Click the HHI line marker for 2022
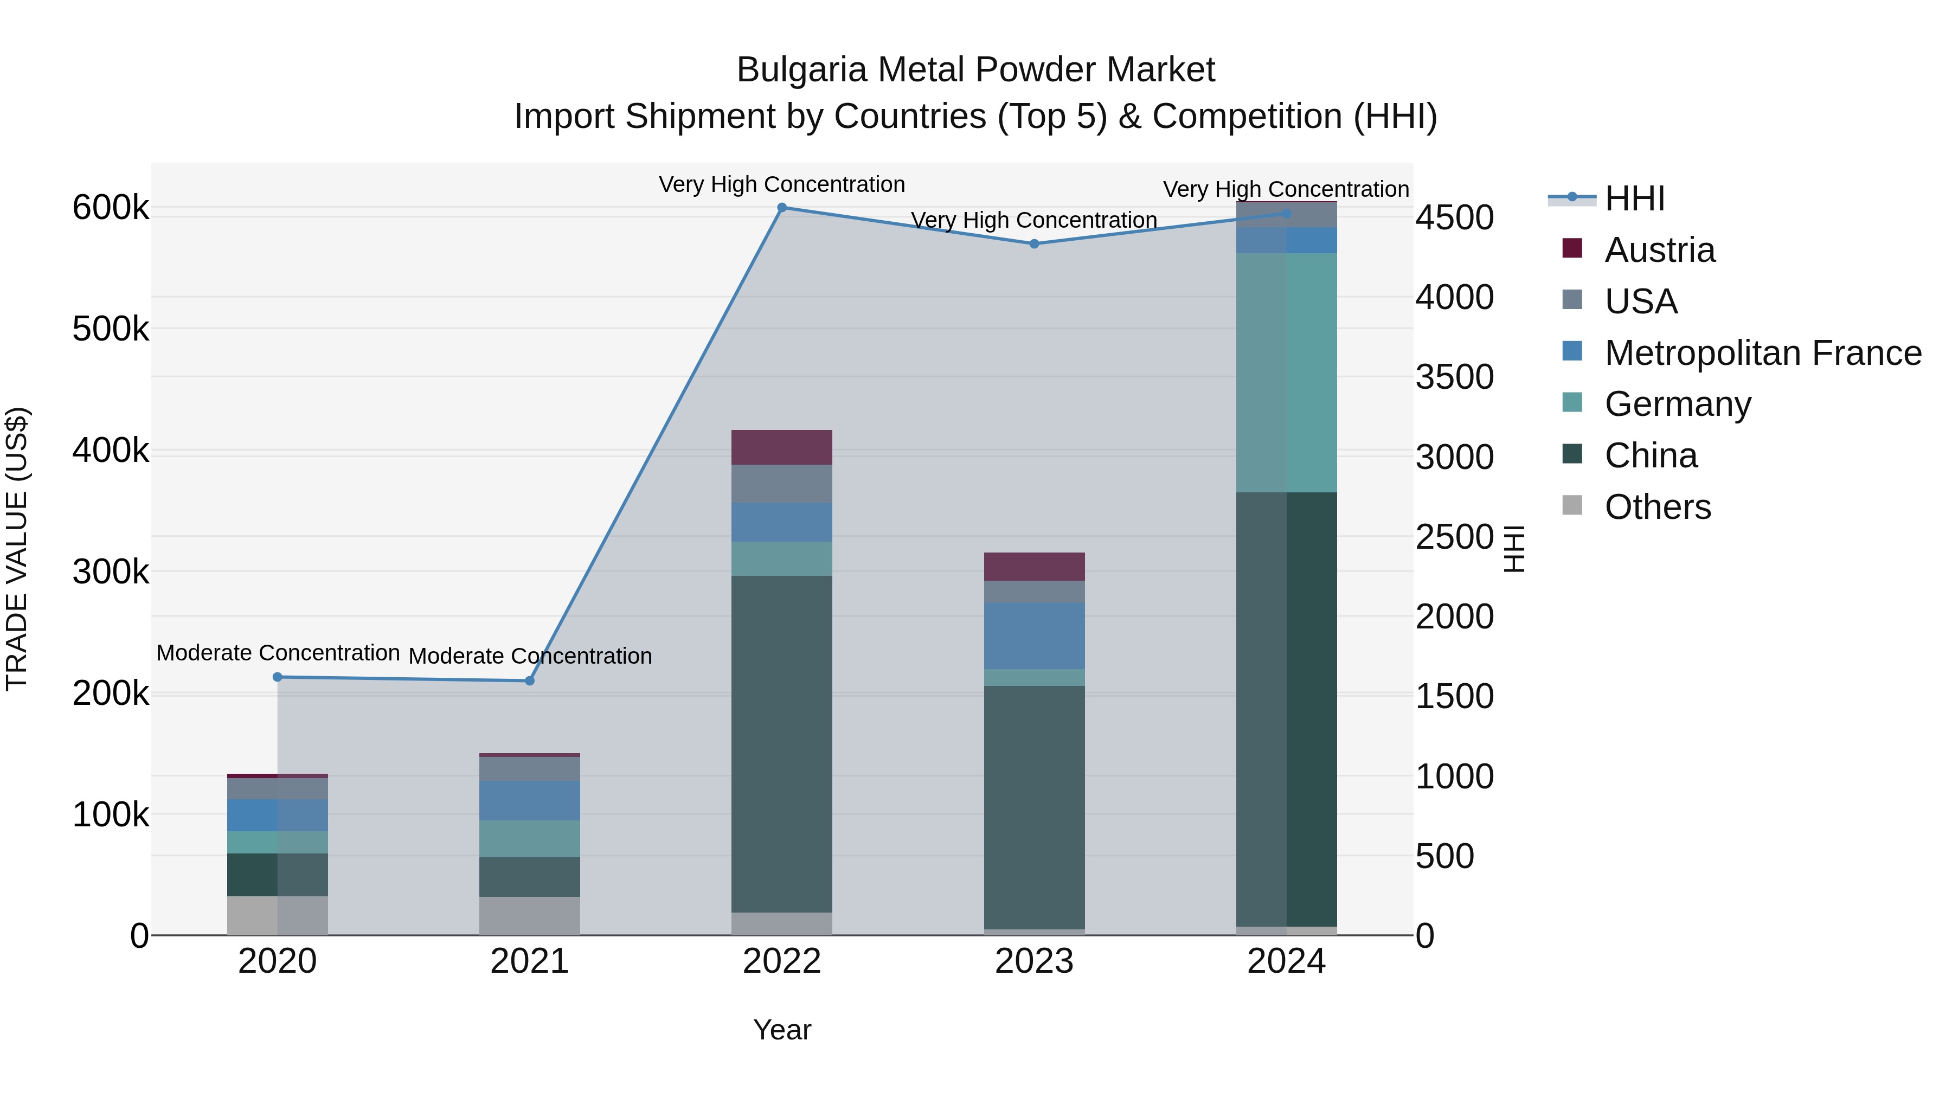coord(782,208)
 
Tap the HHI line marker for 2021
coord(530,680)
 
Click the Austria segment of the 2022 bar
coord(781,447)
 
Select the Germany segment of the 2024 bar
coord(1286,373)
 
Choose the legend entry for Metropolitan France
coord(1763,353)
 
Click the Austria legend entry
coord(1660,250)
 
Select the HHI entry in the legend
coord(1634,198)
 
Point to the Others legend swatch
coord(1572,505)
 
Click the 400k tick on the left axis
coord(111,451)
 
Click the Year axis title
coord(782,1030)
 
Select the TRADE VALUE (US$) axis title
coord(17,549)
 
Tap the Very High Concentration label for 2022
coord(781,184)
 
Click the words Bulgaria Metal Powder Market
coord(975,70)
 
